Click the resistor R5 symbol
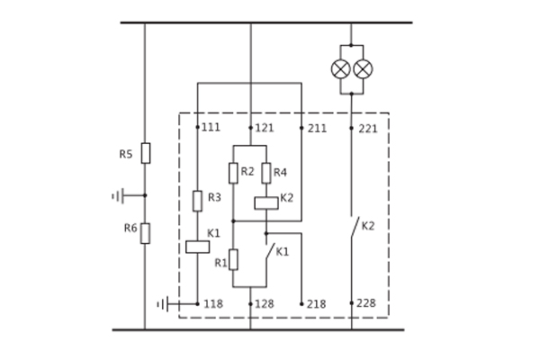145,153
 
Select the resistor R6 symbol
145,233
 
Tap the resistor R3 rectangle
197,201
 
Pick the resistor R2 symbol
233,173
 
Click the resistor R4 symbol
266,173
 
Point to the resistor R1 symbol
233,260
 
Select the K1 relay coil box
197,247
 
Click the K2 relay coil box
266,202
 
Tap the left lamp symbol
340,69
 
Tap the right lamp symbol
363,69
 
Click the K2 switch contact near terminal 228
354,228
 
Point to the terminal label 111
211,128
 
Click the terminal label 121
265,128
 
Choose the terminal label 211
317,128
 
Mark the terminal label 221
367,129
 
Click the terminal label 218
317,304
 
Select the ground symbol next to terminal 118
162,304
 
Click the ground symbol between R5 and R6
117,195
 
